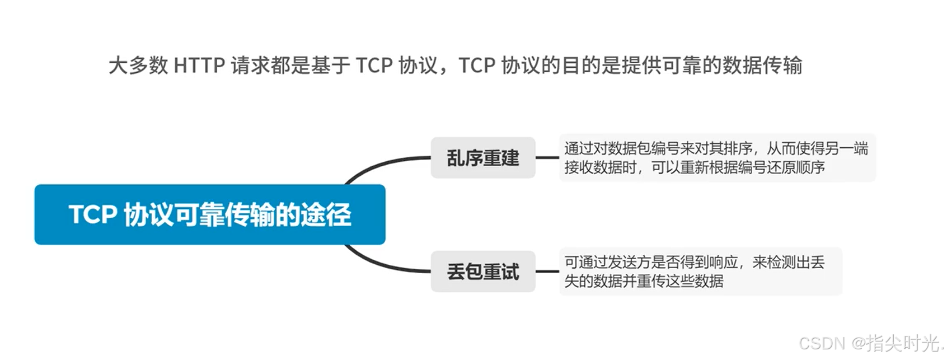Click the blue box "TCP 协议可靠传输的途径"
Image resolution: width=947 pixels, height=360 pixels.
210,214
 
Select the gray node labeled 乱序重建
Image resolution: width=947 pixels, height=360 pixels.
482,158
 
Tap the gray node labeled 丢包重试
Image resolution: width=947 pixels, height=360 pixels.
482,272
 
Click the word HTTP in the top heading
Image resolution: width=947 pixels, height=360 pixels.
199,66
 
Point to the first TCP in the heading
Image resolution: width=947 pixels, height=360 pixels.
374,66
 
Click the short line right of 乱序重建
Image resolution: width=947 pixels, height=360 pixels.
547,158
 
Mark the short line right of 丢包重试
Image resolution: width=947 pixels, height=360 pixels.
547,272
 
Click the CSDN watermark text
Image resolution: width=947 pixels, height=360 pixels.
822,343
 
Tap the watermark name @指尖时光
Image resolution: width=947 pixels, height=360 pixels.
896,343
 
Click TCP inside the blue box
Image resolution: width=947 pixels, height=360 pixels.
92,214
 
